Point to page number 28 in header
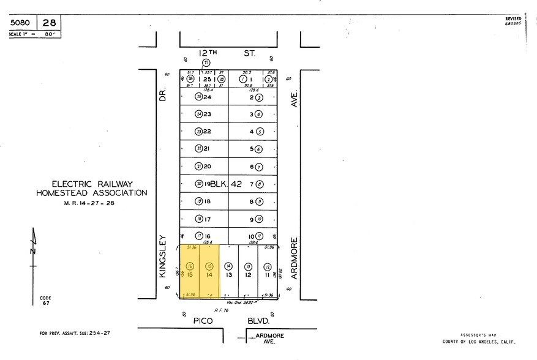[49, 23]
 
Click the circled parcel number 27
[206, 62]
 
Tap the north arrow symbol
[34, 250]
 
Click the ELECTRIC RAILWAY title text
[92, 184]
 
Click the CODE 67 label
[45, 301]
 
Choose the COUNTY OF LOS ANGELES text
[479, 342]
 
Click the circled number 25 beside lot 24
[198, 97]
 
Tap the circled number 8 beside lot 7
[260, 184]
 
